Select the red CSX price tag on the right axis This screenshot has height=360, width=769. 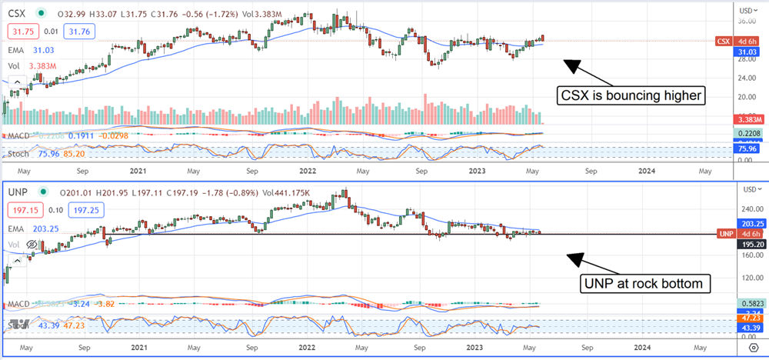coord(723,41)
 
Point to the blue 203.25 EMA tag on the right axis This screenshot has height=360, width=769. coord(747,223)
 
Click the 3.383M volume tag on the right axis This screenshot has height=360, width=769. coord(747,120)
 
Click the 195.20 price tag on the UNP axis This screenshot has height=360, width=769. coord(747,243)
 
